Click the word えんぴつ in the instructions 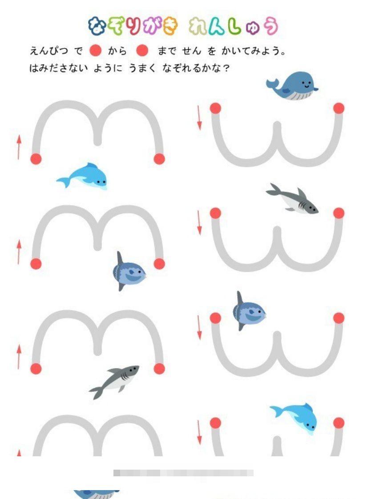point(48,51)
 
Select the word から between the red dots point(117,51)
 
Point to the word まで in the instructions point(167,51)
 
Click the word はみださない point(58,68)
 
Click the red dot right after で point(95,51)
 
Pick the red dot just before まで point(142,51)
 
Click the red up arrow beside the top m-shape point(19,147)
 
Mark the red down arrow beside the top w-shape point(199,118)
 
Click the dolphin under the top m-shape point(82,176)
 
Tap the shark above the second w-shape point(292,198)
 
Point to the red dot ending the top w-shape point(339,108)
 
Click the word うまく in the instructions point(142,68)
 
